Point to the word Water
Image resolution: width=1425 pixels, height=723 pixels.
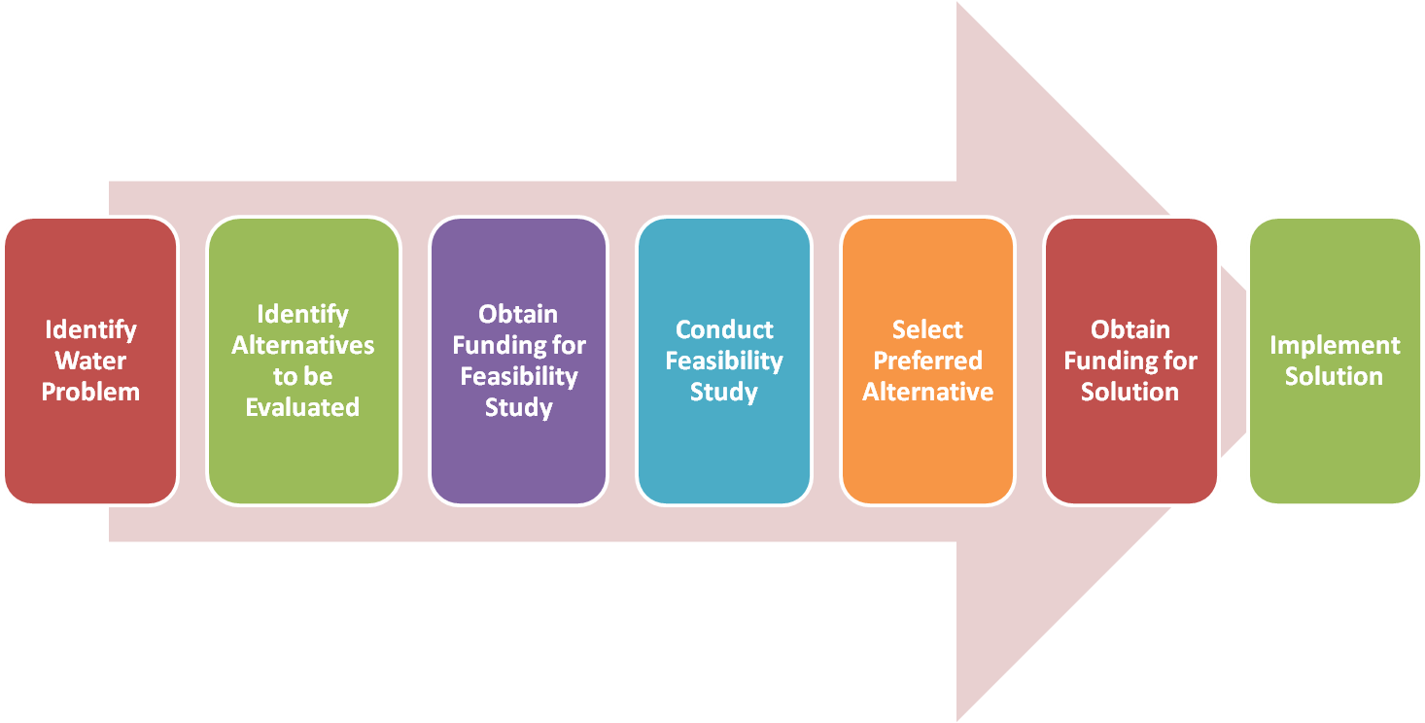point(90,361)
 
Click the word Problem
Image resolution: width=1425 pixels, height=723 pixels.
point(90,392)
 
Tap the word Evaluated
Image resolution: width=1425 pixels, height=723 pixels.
point(302,407)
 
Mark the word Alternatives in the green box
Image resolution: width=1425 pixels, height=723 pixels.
point(302,345)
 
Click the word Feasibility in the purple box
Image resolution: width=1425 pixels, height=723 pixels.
point(518,376)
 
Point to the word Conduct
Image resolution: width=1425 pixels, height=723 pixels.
point(724,329)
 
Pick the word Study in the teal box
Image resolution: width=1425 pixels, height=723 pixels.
point(723,392)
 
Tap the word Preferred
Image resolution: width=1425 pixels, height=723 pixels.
point(927,361)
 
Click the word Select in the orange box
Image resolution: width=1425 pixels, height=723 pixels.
point(927,329)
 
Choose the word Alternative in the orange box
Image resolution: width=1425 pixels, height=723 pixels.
point(927,392)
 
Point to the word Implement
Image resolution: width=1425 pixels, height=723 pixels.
point(1335,345)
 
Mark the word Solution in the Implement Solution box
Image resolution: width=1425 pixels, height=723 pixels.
point(1334,376)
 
